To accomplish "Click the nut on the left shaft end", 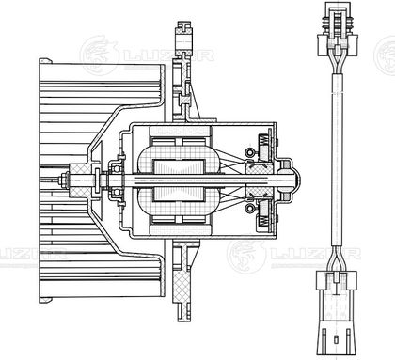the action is (x=61, y=180).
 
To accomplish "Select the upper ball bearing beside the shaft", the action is (x=117, y=168).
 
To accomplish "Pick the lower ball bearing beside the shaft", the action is (x=117, y=192).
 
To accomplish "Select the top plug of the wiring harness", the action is (x=338, y=29).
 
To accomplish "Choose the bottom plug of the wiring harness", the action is (x=337, y=312).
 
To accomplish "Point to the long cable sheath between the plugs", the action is (x=337, y=160).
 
